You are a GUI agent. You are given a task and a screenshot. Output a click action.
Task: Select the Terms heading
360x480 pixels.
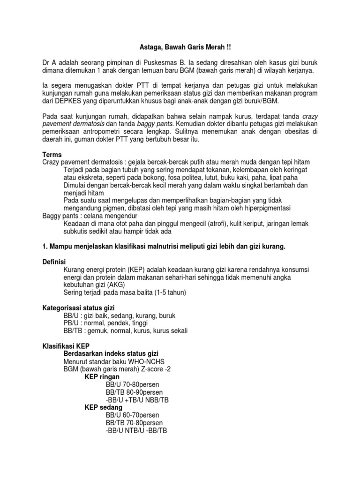(52, 154)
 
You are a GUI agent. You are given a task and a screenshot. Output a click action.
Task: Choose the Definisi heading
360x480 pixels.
(54, 262)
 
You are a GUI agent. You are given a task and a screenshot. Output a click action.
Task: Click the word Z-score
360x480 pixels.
(147, 369)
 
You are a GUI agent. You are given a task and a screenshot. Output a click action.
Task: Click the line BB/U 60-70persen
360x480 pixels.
(132, 415)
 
